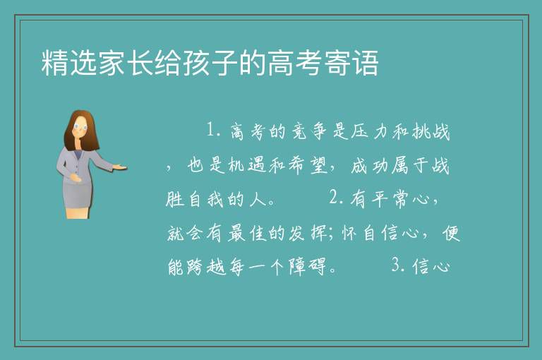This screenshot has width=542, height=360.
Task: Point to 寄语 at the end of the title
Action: [351, 63]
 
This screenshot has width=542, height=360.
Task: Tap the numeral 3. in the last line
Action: [398, 265]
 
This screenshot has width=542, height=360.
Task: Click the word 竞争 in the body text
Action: [310, 131]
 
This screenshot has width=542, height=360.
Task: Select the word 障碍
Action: [307, 267]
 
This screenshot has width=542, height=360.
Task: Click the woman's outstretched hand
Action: [120, 168]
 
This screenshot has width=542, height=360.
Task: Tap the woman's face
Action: [80, 127]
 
